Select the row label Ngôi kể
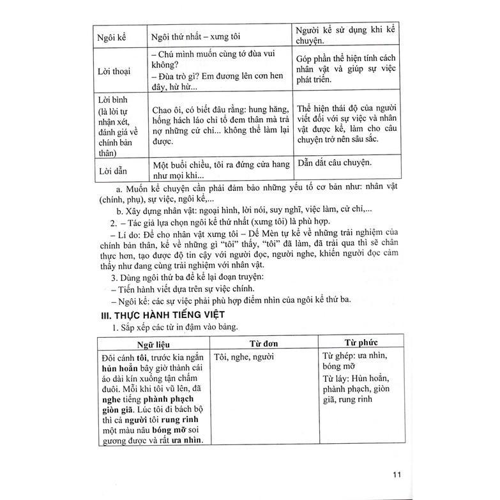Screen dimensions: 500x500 click(111, 37)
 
